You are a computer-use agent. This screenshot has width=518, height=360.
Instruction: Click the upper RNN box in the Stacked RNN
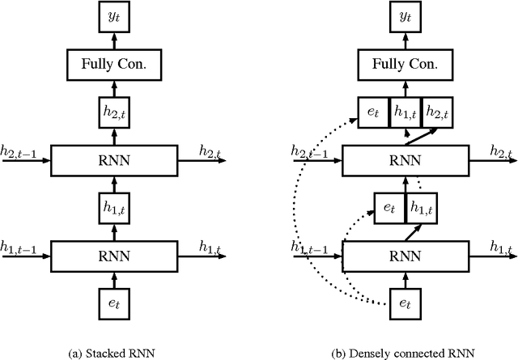pos(113,160)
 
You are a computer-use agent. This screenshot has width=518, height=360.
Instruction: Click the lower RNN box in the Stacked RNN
pos(113,255)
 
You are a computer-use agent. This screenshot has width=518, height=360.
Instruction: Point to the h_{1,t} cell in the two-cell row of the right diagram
pos(420,207)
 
